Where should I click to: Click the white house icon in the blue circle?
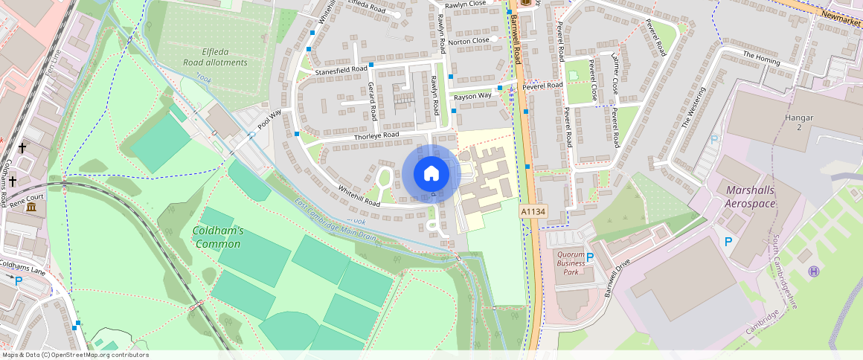coord(431,174)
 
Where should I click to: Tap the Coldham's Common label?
coord(217,237)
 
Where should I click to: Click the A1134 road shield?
coord(533,212)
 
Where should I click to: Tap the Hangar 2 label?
coord(799,123)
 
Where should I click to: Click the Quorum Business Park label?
coord(571,263)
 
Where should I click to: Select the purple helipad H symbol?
coord(813,271)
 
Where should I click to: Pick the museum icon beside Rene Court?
coord(32,206)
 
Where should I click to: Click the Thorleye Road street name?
coord(376,135)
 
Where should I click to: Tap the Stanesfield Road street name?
coord(341,70)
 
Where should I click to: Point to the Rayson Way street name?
coord(472,96)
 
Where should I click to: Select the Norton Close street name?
coord(469,40)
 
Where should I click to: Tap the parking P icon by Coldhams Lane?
coord(19,280)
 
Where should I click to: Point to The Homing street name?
coord(759,57)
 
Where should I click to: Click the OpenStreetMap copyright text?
coord(74,355)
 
